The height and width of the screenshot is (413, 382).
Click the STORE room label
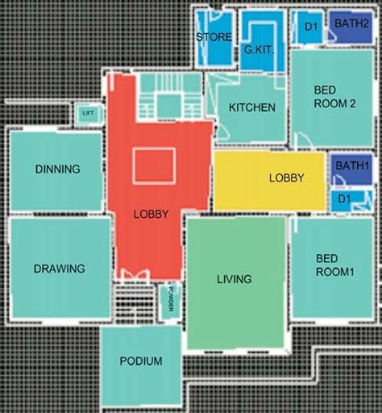[214, 37]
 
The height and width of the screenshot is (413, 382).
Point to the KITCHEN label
[252, 107]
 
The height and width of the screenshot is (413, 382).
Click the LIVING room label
[235, 279]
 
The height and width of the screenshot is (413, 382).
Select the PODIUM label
[141, 361]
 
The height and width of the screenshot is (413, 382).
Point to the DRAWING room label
[60, 268]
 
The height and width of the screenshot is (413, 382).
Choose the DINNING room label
[57, 169]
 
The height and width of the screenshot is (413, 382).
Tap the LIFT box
[88, 114]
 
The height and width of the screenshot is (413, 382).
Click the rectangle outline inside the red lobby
[154, 165]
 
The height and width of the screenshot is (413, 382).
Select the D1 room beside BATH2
[309, 27]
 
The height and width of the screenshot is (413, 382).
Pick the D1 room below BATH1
[344, 198]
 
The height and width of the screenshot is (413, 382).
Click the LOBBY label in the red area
[151, 214]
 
